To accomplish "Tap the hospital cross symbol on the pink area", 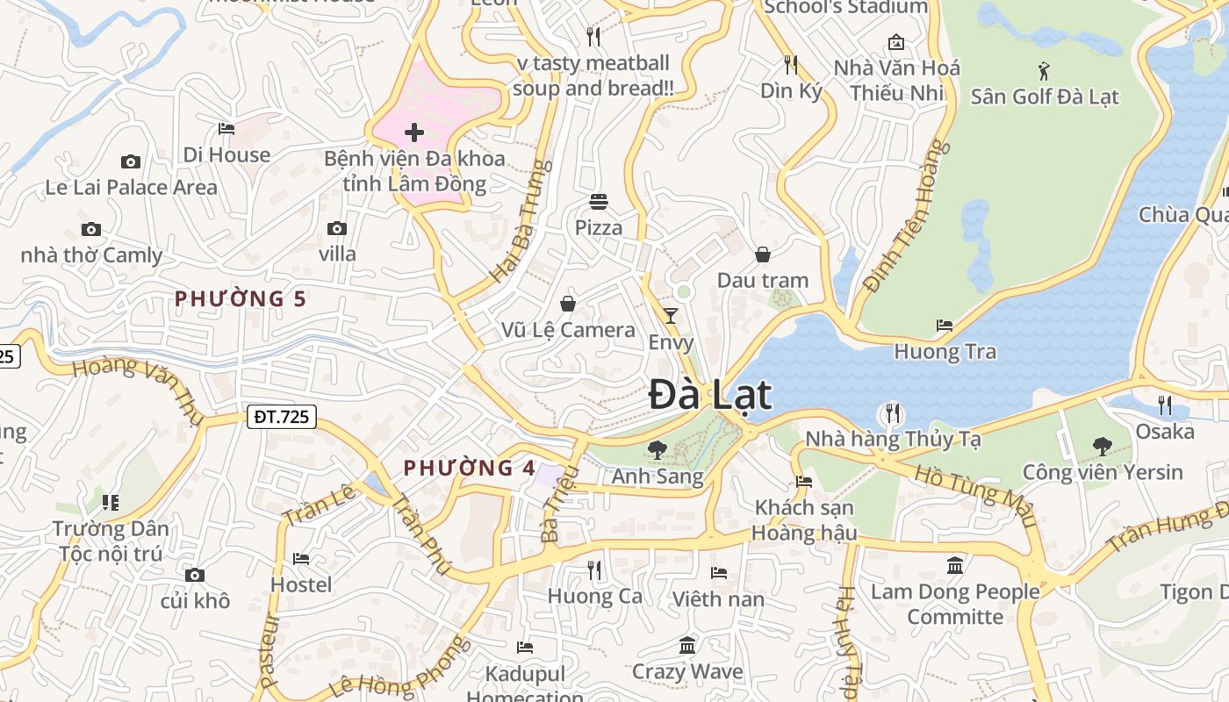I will pyautogui.click(x=414, y=133).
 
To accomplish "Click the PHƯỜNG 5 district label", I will pyautogui.click(x=241, y=299).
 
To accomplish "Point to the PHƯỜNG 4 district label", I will pyautogui.click(x=469, y=469).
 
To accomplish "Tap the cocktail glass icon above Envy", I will pyautogui.click(x=671, y=316).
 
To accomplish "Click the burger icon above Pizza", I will pyautogui.click(x=599, y=202).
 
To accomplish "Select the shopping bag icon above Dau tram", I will pyautogui.click(x=763, y=254).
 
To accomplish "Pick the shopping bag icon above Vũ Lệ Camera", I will pyautogui.click(x=568, y=304).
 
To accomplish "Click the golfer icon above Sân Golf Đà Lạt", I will pyautogui.click(x=1044, y=70).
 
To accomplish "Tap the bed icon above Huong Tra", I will pyautogui.click(x=945, y=325).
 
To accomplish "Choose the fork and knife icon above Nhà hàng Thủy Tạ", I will pyautogui.click(x=892, y=412).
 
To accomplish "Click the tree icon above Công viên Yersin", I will pyautogui.click(x=1103, y=446).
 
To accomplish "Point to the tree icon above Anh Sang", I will pyautogui.click(x=657, y=450).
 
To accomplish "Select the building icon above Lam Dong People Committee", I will pyautogui.click(x=955, y=565).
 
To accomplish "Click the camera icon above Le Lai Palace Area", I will pyautogui.click(x=131, y=161).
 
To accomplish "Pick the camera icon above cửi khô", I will pyautogui.click(x=195, y=576).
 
